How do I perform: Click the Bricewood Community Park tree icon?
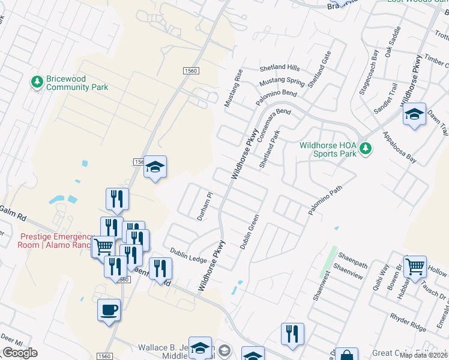click(x=37, y=80)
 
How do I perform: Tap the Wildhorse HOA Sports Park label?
click(x=328, y=149)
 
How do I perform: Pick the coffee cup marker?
click(x=109, y=310)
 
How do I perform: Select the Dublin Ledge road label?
click(x=188, y=256)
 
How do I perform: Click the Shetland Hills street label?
click(x=279, y=68)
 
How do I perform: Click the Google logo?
click(x=20, y=353)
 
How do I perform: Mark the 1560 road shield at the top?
click(x=191, y=71)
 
